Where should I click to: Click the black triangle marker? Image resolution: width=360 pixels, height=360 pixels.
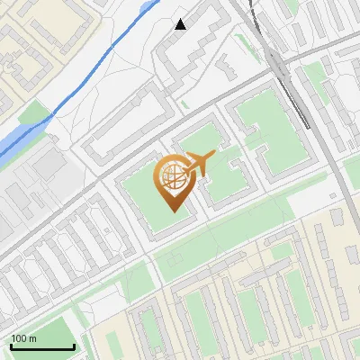(x=180, y=24)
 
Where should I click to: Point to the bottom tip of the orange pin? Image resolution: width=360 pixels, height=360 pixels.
(x=171, y=211)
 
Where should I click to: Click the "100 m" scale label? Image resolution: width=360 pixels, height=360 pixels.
(x=24, y=338)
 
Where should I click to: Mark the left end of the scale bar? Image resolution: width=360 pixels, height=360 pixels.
(x=11, y=346)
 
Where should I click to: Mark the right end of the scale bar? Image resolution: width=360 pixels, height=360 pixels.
(x=74, y=346)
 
